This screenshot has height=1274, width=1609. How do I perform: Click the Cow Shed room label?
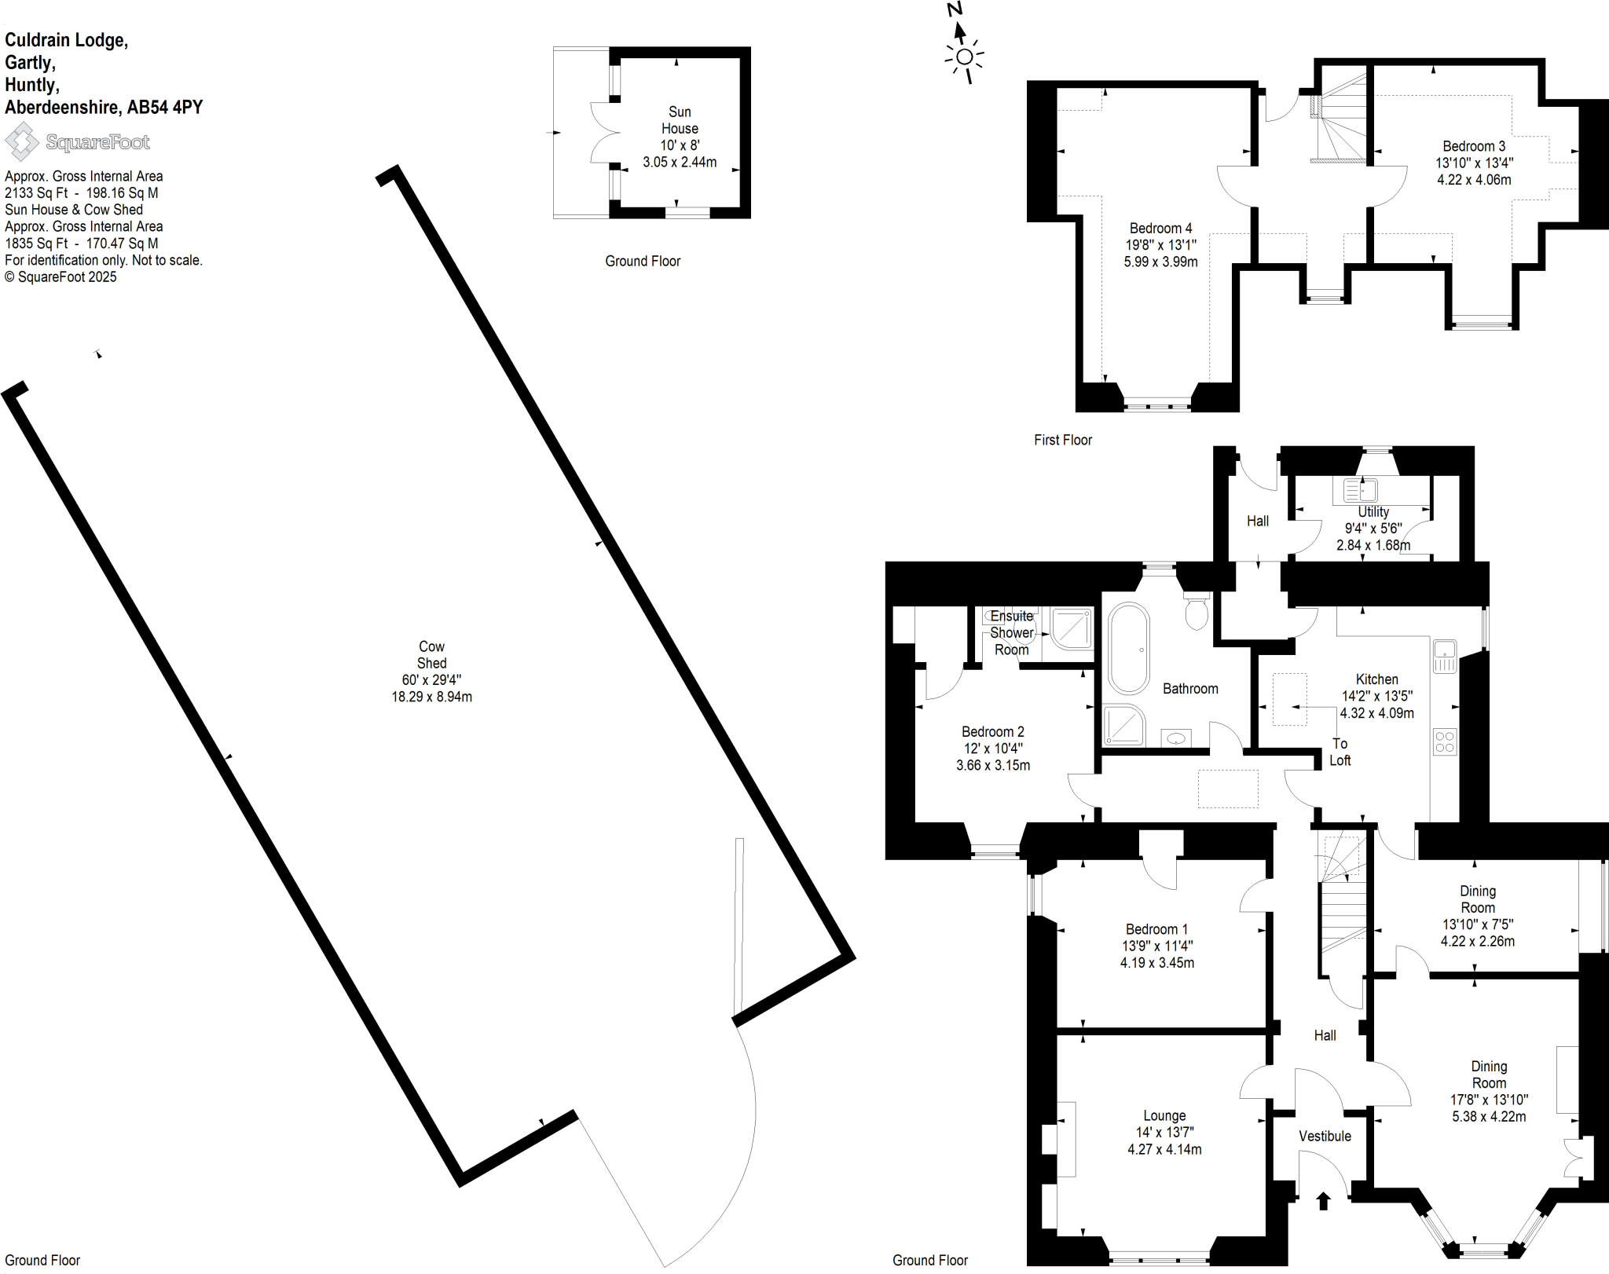click(431, 654)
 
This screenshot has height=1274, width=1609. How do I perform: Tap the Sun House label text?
click(680, 120)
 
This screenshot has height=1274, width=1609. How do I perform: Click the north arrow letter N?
click(955, 9)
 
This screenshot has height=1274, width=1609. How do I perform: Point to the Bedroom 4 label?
click(1160, 229)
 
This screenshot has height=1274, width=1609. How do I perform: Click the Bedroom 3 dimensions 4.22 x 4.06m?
click(1474, 179)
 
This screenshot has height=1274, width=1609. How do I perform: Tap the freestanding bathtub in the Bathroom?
click(1129, 649)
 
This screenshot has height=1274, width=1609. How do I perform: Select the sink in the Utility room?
click(1361, 492)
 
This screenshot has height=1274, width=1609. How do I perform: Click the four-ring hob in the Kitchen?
click(1445, 742)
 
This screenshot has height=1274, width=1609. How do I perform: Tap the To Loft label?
click(1340, 752)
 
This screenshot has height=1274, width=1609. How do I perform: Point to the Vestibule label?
click(1325, 1136)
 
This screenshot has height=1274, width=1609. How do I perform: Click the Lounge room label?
click(1164, 1115)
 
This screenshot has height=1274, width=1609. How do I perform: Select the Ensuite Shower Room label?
click(1011, 632)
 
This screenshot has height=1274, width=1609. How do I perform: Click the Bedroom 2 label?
click(993, 731)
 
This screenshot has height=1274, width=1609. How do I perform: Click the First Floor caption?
click(1062, 440)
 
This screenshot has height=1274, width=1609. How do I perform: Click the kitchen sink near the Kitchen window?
click(1445, 657)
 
